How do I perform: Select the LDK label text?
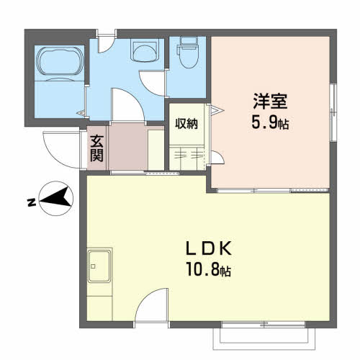pos(209,248)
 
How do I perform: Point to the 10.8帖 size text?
pos(209,269)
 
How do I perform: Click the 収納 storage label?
pos(186,124)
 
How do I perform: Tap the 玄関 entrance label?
pos(96,148)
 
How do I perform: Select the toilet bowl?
pos(189,53)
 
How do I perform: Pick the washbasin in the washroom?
pos(145,51)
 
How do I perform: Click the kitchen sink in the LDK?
pos(99,266)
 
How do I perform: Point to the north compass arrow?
pos(57,198)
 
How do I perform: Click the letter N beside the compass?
pos(32,203)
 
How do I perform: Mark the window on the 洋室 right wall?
pos(333,112)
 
